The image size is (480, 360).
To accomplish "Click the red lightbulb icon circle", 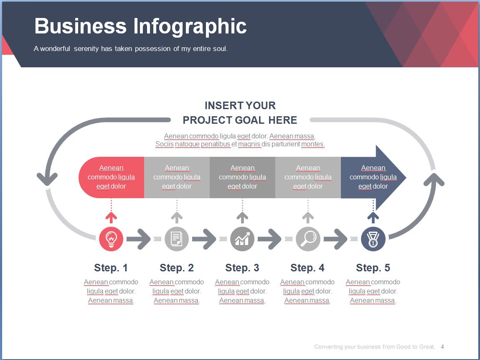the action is [111, 239].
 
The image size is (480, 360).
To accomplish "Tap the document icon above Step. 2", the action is [177, 239].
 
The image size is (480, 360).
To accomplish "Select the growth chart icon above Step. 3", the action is [242, 239].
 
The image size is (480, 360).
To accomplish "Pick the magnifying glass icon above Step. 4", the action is [308, 239].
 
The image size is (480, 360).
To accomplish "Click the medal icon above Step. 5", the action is [373, 239].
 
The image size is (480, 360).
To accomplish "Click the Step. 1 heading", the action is [111, 268].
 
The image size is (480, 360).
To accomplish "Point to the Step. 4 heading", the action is [307, 268].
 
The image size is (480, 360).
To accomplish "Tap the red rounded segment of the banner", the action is [112, 177].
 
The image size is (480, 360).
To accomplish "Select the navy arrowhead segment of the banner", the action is [373, 177].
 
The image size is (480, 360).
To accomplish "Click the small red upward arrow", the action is [111, 217].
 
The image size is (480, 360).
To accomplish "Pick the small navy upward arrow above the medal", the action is [373, 217].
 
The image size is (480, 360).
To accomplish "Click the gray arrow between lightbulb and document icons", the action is [139, 239].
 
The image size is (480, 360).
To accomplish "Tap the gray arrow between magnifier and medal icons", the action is [335, 239].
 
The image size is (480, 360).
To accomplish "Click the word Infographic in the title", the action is [190, 26].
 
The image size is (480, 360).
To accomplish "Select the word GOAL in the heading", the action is [249, 120].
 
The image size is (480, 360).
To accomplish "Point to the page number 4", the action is [442, 347].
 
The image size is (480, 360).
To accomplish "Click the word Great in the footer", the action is [427, 347].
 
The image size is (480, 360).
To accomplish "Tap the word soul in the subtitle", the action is [221, 49].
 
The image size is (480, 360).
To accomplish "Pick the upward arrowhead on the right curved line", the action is [434, 179].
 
